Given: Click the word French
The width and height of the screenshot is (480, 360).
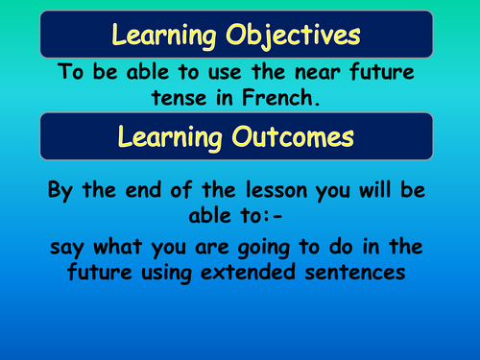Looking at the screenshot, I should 306,97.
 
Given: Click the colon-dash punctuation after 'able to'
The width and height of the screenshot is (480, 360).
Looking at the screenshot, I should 269,217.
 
